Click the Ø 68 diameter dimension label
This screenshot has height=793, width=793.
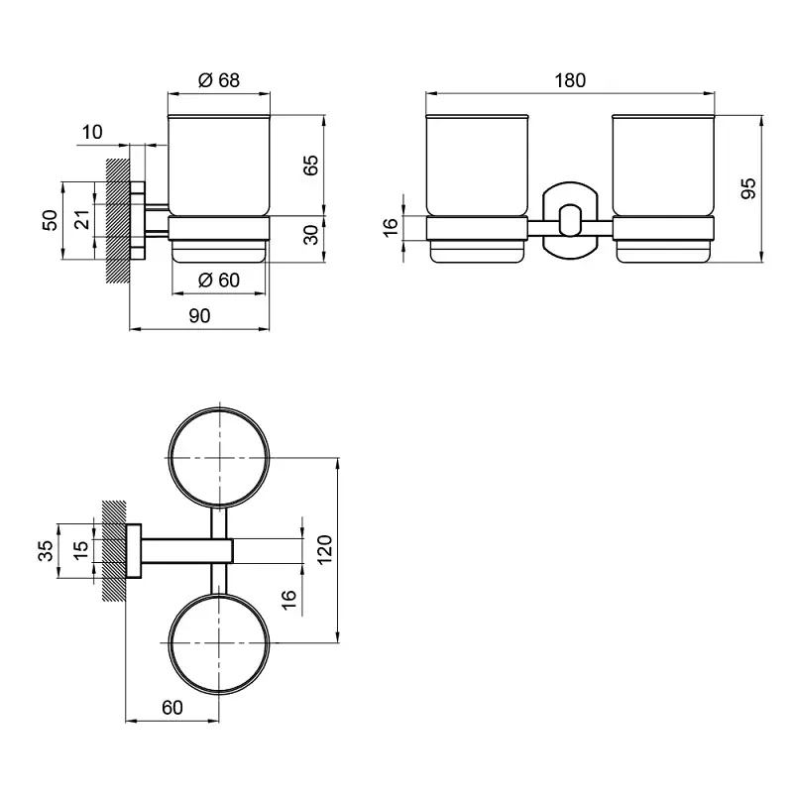point(218,80)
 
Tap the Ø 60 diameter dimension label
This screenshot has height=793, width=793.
point(218,280)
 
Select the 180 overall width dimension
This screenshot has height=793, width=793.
point(570,80)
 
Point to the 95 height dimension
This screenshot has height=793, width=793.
point(748,188)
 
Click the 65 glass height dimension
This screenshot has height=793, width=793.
point(311,165)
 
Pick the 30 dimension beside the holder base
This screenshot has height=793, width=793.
point(311,235)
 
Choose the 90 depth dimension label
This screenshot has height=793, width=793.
point(199,315)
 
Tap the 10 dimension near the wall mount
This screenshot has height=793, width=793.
point(92,132)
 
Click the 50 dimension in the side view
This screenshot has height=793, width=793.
point(51,220)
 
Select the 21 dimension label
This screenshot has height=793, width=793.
point(82,219)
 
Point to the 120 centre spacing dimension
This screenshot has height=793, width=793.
point(324,550)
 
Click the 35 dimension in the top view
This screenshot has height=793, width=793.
point(45,550)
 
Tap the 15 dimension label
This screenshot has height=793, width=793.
point(80,550)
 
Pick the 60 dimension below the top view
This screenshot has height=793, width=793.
point(171,707)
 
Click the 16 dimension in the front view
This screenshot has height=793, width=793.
point(391,228)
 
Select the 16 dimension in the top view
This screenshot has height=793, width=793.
point(288,600)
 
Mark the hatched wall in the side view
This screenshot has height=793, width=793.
point(118,221)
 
